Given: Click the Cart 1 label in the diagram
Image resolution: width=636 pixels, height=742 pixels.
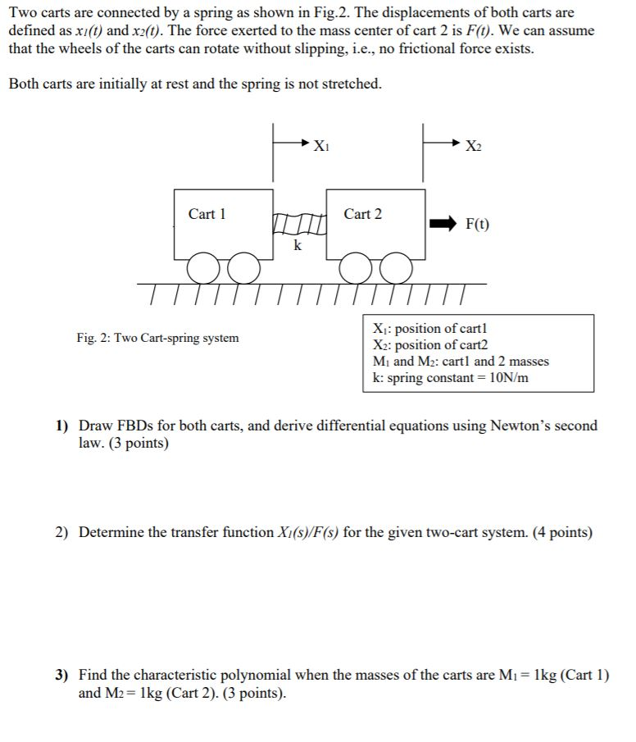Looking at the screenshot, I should click(207, 214).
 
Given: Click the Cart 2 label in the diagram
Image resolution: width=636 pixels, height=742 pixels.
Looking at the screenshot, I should click(362, 214).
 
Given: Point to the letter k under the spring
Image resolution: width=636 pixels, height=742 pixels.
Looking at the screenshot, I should click(298, 245).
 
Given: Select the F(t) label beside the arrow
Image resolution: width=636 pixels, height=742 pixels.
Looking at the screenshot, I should click(479, 224).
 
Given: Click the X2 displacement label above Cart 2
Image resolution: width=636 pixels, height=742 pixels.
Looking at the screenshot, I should click(473, 147).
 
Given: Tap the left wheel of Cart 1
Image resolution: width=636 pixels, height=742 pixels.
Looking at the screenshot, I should click(202, 266).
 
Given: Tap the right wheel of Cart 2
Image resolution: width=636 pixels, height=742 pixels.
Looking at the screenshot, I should click(396, 266).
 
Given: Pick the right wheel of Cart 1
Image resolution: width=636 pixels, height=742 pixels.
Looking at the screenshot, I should click(243, 266).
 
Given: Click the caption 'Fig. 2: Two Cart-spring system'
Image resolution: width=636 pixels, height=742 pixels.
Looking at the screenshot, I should click(158, 338).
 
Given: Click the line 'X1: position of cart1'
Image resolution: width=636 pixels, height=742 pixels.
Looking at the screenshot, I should click(429, 329).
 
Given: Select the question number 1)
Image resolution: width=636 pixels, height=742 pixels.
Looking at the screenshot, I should click(63, 426).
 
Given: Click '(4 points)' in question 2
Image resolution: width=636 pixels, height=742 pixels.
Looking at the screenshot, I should click(562, 533).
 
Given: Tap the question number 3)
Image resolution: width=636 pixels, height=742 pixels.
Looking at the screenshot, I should click(63, 676).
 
